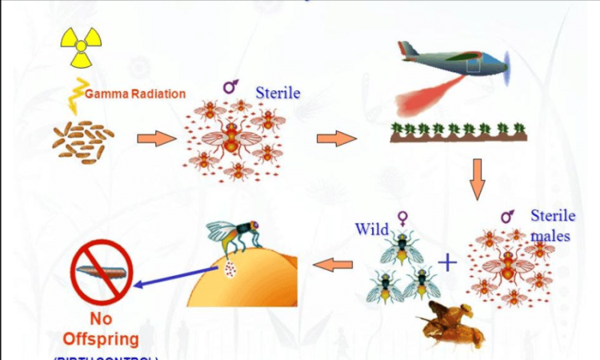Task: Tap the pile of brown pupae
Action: click(80, 140)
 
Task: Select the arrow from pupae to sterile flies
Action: click(155, 140)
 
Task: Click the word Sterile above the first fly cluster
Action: click(278, 93)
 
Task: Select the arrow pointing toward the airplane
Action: click(336, 139)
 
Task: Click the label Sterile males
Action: click(552, 224)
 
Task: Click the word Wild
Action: click(372, 230)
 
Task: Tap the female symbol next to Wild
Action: click(403, 218)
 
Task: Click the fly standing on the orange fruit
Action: click(236, 232)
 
